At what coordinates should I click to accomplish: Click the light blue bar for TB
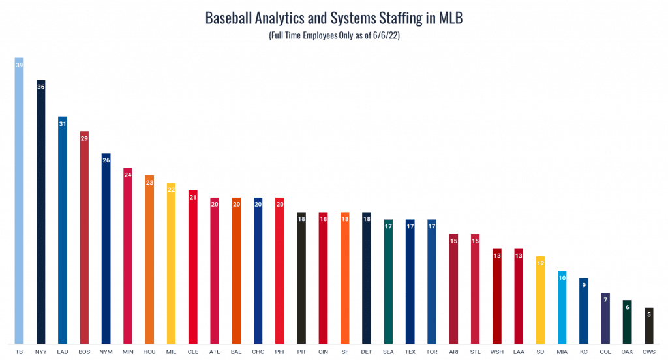point(19,202)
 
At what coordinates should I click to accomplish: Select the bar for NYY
point(40,212)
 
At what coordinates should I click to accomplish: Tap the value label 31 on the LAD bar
point(63,124)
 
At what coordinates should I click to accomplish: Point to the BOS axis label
point(84,351)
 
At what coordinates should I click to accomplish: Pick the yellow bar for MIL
point(171,264)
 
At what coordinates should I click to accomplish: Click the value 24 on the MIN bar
point(128,175)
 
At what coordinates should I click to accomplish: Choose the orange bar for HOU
point(149,261)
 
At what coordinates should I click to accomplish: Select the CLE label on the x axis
point(192,351)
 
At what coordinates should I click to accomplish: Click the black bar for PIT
point(301,278)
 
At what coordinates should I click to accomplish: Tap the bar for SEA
point(388,282)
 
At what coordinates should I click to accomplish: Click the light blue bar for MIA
point(562,308)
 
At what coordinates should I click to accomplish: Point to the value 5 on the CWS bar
point(648,314)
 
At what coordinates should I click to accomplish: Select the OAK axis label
point(627,351)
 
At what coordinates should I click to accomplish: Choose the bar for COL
point(605,318)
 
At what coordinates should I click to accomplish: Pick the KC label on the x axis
point(583,351)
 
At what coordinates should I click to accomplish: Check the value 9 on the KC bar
point(583,285)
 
